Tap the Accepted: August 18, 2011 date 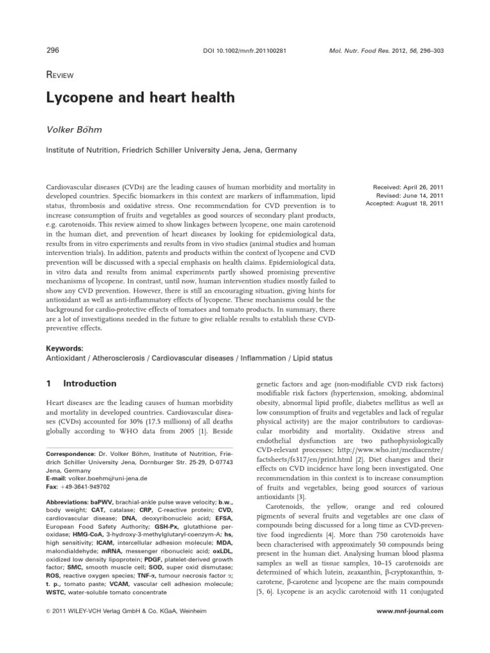[x=404, y=203]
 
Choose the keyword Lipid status [x=309, y=358]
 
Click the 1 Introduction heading [x=82, y=384]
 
